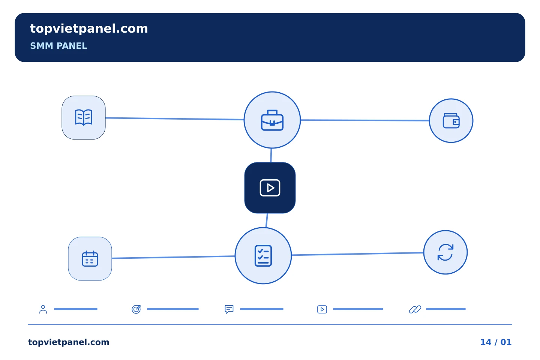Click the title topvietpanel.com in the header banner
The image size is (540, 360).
(89, 29)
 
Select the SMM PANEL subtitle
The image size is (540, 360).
(58, 46)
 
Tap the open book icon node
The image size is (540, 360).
(84, 118)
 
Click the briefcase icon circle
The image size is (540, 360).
(272, 120)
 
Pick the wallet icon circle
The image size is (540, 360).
(451, 121)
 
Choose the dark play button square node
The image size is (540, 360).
(270, 188)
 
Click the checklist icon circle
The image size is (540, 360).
(263, 256)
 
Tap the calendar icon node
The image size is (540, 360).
(90, 259)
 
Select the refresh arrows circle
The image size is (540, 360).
(445, 252)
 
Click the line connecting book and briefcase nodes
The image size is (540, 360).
(174, 118)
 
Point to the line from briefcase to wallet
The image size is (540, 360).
(365, 120)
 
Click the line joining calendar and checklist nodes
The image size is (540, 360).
(173, 257)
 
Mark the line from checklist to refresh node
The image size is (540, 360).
(357, 253)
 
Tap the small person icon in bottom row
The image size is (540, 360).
(43, 309)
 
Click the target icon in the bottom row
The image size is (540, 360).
(136, 309)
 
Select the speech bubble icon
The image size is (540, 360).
(229, 309)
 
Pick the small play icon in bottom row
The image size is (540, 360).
(322, 309)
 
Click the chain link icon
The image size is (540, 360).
(415, 309)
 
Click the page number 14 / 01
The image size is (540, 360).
(496, 342)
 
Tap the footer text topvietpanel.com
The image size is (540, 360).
(69, 342)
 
